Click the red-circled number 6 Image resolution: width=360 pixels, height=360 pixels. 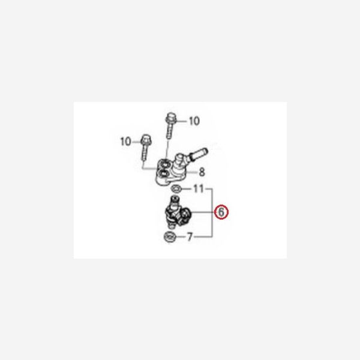click(x=221, y=212)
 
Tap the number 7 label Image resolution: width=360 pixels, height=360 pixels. click(x=190, y=237)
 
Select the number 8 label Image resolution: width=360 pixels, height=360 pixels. click(x=202, y=172)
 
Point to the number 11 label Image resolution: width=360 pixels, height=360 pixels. click(x=199, y=189)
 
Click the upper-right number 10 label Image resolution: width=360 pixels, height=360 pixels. click(x=194, y=121)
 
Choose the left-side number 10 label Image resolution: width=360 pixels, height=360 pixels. click(x=126, y=142)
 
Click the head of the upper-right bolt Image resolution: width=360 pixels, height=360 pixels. click(x=169, y=118)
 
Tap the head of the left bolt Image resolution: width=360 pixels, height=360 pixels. click(x=145, y=140)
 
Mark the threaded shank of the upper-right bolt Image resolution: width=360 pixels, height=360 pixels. click(x=169, y=131)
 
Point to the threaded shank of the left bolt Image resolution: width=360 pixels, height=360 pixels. click(x=144, y=152)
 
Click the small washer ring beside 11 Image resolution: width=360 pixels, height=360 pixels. click(x=176, y=189)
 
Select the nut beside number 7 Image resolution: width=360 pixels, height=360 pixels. click(x=170, y=236)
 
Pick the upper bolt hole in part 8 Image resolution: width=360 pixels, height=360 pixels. click(x=165, y=164)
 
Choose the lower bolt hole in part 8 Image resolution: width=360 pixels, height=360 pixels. click(x=163, y=173)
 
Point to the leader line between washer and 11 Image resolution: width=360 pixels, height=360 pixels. click(x=187, y=189)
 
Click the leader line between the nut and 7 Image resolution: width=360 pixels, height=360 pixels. click(x=181, y=237)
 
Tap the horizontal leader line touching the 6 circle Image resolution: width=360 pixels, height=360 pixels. click(x=203, y=212)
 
